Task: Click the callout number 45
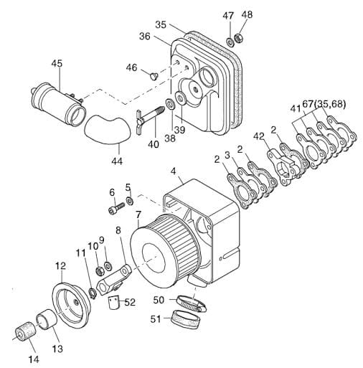[x=57, y=64]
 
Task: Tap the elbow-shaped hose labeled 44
[x=108, y=129]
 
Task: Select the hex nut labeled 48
[x=238, y=38]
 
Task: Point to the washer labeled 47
[x=230, y=42]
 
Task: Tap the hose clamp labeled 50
[x=192, y=304]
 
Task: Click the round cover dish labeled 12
[x=71, y=306]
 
